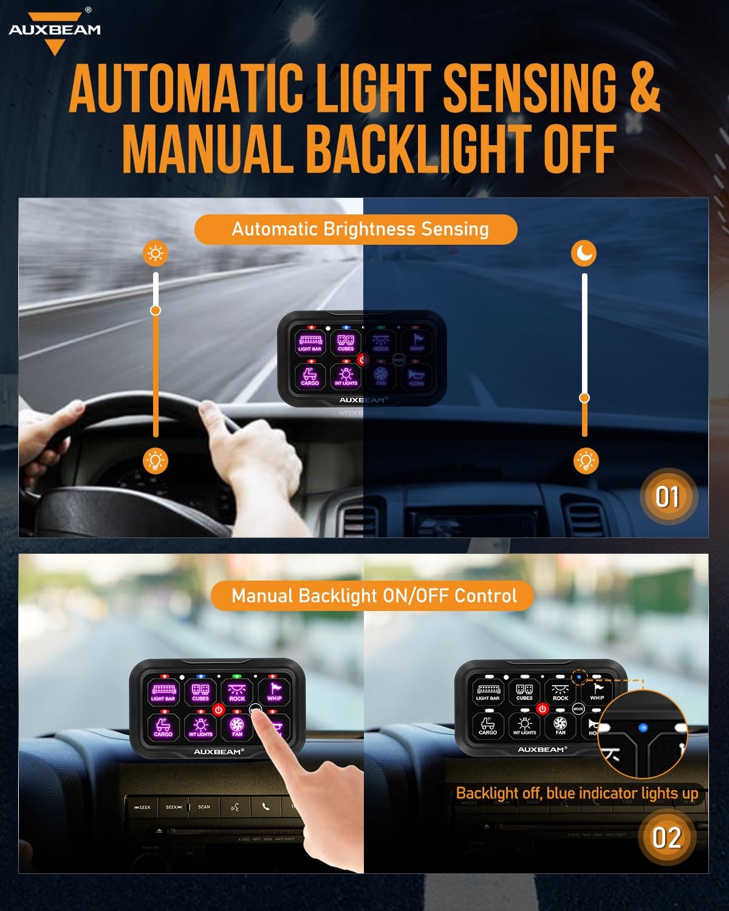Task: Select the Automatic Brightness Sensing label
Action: (x=360, y=230)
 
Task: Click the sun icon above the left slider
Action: (x=156, y=253)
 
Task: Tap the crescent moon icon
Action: (x=584, y=253)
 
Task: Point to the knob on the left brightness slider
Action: (x=156, y=310)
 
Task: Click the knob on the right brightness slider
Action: (x=584, y=398)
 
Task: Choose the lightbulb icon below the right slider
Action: (x=586, y=461)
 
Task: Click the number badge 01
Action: (x=667, y=497)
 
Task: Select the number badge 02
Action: (x=666, y=838)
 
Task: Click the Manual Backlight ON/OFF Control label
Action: (x=374, y=596)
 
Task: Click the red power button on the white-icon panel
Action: (x=542, y=709)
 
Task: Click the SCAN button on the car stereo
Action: (x=204, y=807)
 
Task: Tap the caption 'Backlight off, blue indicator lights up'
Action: (x=577, y=793)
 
